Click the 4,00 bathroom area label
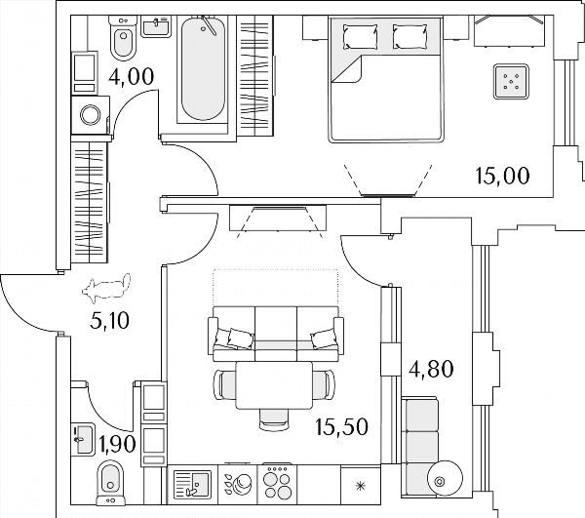click(x=132, y=76)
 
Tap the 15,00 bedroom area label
click(x=502, y=176)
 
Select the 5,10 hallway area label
click(x=109, y=320)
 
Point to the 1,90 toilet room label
click(x=117, y=444)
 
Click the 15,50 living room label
click(x=341, y=426)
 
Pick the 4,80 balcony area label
click(x=431, y=369)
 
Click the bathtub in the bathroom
click(x=204, y=68)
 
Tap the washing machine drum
click(x=91, y=115)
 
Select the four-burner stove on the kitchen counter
click(x=277, y=483)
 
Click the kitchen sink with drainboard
click(x=192, y=485)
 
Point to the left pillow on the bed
click(x=360, y=37)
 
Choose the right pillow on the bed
click(x=410, y=36)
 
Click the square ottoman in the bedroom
click(x=511, y=82)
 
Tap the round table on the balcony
click(x=446, y=478)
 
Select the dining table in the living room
click(x=274, y=384)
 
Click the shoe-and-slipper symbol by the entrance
click(x=106, y=288)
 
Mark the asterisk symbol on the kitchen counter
click(x=360, y=486)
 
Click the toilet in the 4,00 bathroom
click(x=124, y=37)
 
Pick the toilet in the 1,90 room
click(x=110, y=483)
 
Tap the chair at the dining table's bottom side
click(x=274, y=419)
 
